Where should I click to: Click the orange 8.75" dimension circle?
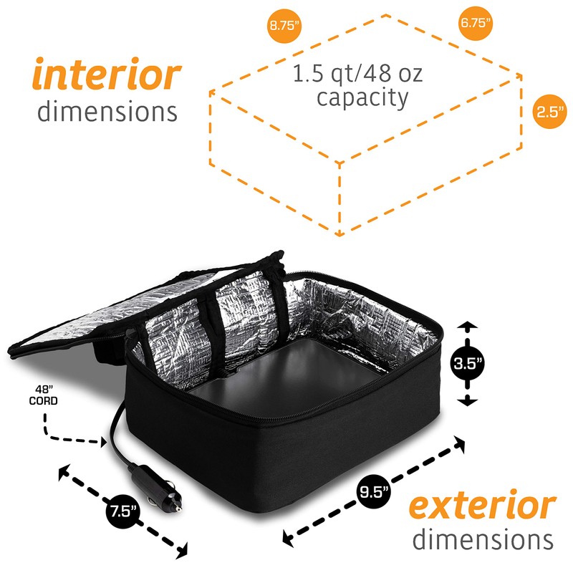pos(285,26)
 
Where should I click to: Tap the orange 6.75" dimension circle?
pos(476,22)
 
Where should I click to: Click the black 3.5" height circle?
pos(467,364)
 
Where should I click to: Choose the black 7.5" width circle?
pos(124,511)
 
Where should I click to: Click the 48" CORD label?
pos(46,395)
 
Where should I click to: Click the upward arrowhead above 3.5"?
pos(467,327)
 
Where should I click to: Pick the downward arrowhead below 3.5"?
pos(467,401)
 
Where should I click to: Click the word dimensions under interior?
pos(107,111)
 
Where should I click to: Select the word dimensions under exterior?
pos(482,539)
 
